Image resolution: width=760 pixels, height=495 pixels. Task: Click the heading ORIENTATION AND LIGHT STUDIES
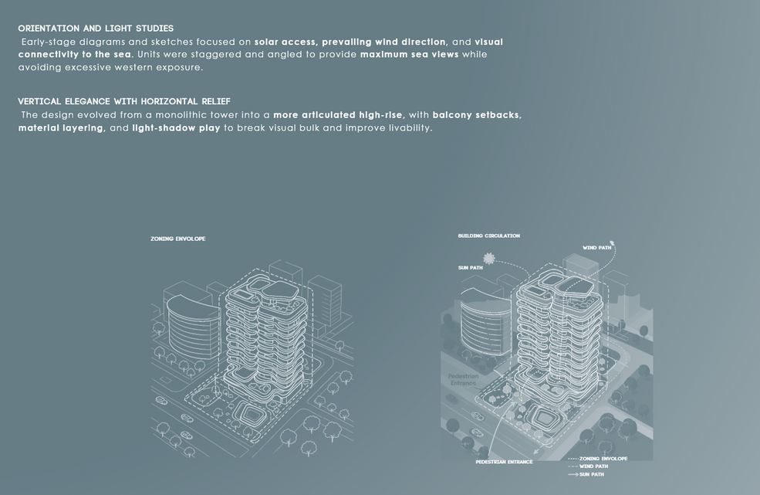click(x=96, y=29)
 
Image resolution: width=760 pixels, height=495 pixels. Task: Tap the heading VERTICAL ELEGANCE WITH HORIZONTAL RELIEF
click(x=124, y=101)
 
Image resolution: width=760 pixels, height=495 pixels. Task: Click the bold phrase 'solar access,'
click(x=285, y=42)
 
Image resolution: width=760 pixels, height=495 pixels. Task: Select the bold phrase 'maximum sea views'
click(x=409, y=54)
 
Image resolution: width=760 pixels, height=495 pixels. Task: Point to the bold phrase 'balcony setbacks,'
click(x=477, y=115)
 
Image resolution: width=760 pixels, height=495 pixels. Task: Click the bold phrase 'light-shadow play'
click(x=176, y=128)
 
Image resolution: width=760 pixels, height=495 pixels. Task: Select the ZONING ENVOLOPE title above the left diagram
click(x=178, y=239)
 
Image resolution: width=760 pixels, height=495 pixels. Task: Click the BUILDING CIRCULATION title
click(x=488, y=236)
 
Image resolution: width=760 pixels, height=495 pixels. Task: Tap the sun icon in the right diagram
click(x=488, y=259)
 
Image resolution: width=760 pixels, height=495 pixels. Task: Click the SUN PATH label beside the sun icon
click(x=470, y=268)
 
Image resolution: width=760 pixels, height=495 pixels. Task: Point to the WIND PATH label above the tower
click(x=596, y=248)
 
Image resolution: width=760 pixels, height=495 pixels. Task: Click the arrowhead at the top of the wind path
click(x=612, y=242)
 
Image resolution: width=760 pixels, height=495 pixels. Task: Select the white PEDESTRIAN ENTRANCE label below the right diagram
click(x=504, y=462)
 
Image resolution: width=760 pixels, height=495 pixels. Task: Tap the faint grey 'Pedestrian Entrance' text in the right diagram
click(x=463, y=379)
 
